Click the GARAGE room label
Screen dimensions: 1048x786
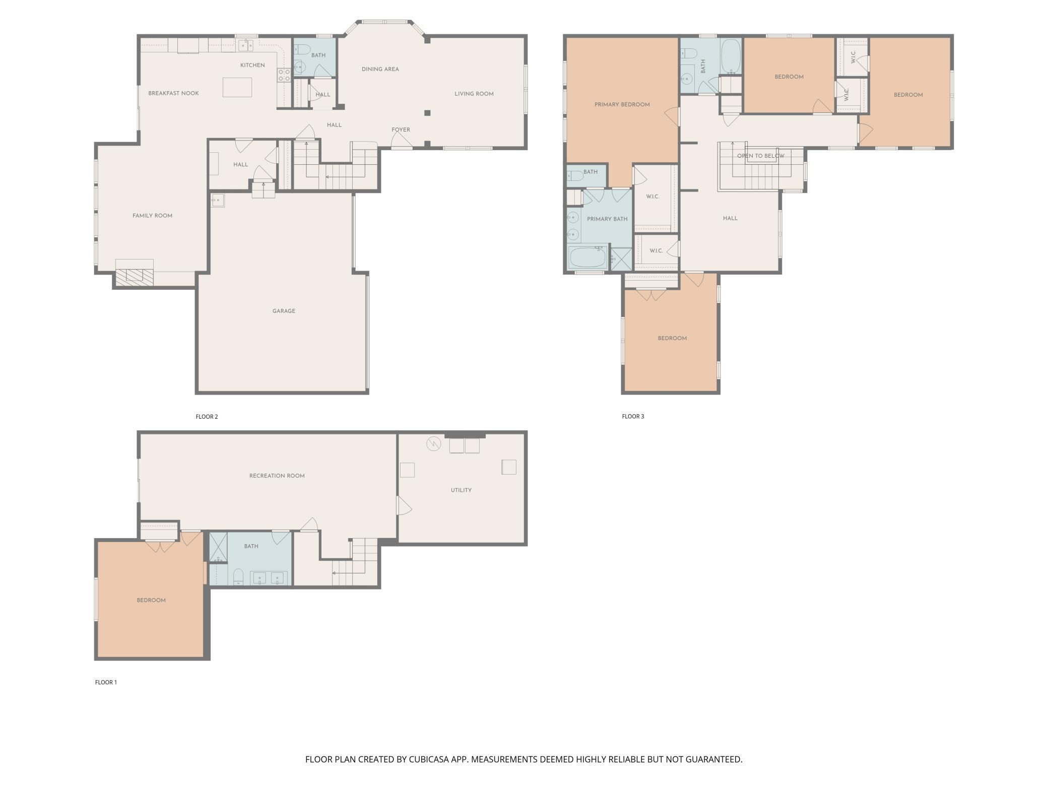284,311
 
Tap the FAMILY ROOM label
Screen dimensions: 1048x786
152,216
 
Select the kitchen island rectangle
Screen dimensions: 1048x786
237,87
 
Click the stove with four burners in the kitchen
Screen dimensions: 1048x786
284,75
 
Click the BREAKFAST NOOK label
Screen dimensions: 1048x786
173,93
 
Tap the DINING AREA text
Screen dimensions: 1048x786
380,69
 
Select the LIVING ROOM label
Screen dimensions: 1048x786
474,94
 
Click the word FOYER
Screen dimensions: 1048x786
401,129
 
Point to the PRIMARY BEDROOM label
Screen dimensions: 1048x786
622,105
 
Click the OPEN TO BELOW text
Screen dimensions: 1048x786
760,156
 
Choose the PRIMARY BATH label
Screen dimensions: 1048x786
607,219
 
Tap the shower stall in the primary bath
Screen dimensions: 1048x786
621,258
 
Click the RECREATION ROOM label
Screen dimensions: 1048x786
277,476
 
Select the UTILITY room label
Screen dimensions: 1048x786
461,490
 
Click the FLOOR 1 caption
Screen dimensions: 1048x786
106,682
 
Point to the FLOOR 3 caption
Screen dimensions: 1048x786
633,416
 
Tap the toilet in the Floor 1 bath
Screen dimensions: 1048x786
238,577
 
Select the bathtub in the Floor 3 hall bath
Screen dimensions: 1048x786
731,56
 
